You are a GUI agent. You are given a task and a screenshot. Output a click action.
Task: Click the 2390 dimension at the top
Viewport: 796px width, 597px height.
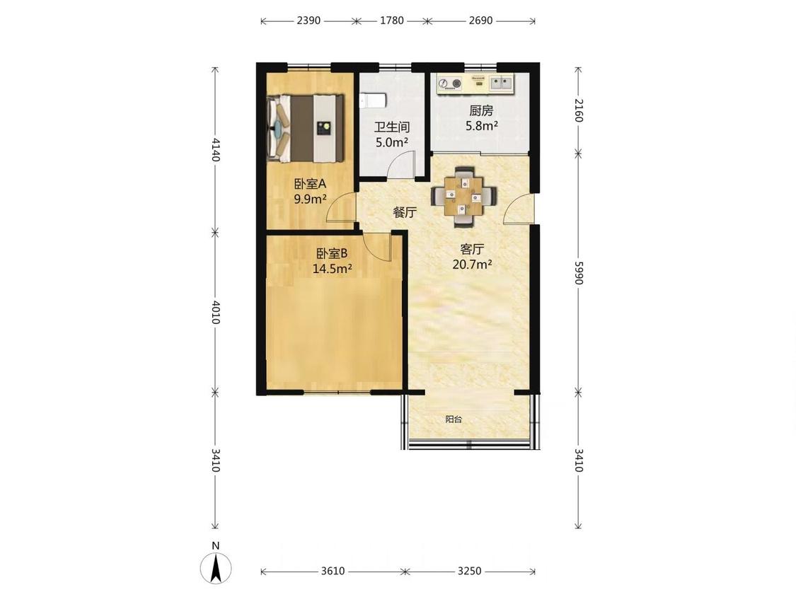(308, 21)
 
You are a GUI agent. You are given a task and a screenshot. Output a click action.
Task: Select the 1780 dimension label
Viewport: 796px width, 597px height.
(392, 21)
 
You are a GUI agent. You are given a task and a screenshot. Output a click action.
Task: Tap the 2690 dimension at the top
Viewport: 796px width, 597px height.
(480, 21)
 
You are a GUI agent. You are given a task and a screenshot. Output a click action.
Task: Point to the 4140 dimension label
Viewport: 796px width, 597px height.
(215, 150)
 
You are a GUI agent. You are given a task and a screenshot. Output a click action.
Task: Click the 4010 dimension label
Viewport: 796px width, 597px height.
(215, 312)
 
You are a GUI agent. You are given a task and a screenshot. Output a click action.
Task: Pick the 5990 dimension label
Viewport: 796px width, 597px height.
(579, 272)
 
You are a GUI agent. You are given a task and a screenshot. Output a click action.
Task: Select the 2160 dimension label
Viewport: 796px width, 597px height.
(579, 110)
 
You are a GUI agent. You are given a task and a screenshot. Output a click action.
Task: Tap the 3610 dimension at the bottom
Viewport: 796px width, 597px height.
(333, 571)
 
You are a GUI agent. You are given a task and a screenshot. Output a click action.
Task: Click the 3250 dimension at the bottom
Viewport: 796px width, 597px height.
(469, 571)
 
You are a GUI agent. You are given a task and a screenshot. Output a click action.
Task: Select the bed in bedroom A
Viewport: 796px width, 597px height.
(306, 129)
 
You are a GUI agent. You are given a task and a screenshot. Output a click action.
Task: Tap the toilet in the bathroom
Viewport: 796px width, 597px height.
(374, 100)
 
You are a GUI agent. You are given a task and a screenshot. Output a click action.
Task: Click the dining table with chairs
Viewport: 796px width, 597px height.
(463, 195)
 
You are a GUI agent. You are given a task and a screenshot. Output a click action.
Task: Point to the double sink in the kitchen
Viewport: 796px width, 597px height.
(502, 83)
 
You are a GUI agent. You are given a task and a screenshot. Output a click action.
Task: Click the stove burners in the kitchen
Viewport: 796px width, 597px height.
(449, 83)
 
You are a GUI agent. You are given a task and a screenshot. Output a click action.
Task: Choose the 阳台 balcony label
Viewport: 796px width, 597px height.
(454, 420)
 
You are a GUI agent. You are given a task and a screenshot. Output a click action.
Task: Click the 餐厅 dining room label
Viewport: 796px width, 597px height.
(405, 213)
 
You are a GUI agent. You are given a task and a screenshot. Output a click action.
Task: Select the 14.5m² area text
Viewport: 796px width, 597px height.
(333, 269)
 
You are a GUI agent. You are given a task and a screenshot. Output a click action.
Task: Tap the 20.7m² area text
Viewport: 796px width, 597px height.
(472, 265)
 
